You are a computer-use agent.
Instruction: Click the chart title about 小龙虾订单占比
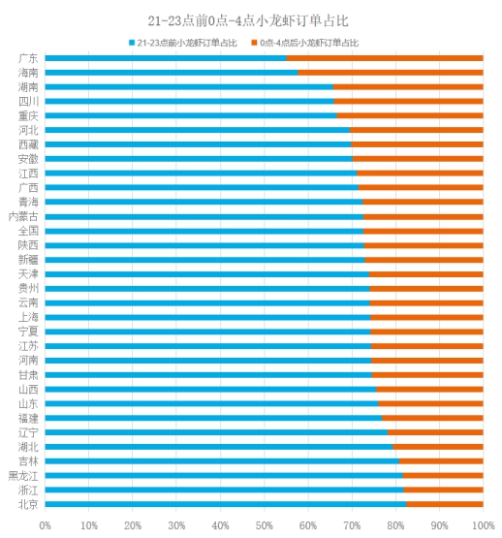tap(248, 21)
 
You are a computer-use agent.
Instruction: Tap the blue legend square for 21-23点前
tap(132, 43)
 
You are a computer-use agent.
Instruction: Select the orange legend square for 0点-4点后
tap(254, 43)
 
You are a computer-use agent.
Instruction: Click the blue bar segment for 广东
tap(166, 58)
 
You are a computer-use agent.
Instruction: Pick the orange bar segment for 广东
tap(385, 58)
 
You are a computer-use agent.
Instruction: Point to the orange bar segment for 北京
tap(445, 504)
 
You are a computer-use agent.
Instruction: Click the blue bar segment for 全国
tap(204, 232)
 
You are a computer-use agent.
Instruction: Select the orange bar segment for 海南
tap(391, 73)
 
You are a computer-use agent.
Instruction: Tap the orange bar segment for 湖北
tap(438, 447)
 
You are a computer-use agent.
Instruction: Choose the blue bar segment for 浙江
tap(224, 490)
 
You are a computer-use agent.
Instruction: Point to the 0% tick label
tap(45, 525)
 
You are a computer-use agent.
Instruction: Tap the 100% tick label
tap(484, 525)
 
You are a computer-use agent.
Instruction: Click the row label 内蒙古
tap(23, 217)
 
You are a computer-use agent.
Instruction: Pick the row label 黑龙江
tap(23, 476)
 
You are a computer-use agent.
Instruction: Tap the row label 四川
tap(28, 102)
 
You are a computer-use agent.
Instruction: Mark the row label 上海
tap(28, 317)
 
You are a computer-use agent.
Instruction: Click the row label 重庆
tap(28, 116)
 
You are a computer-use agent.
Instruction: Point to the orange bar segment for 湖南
tap(408, 87)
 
